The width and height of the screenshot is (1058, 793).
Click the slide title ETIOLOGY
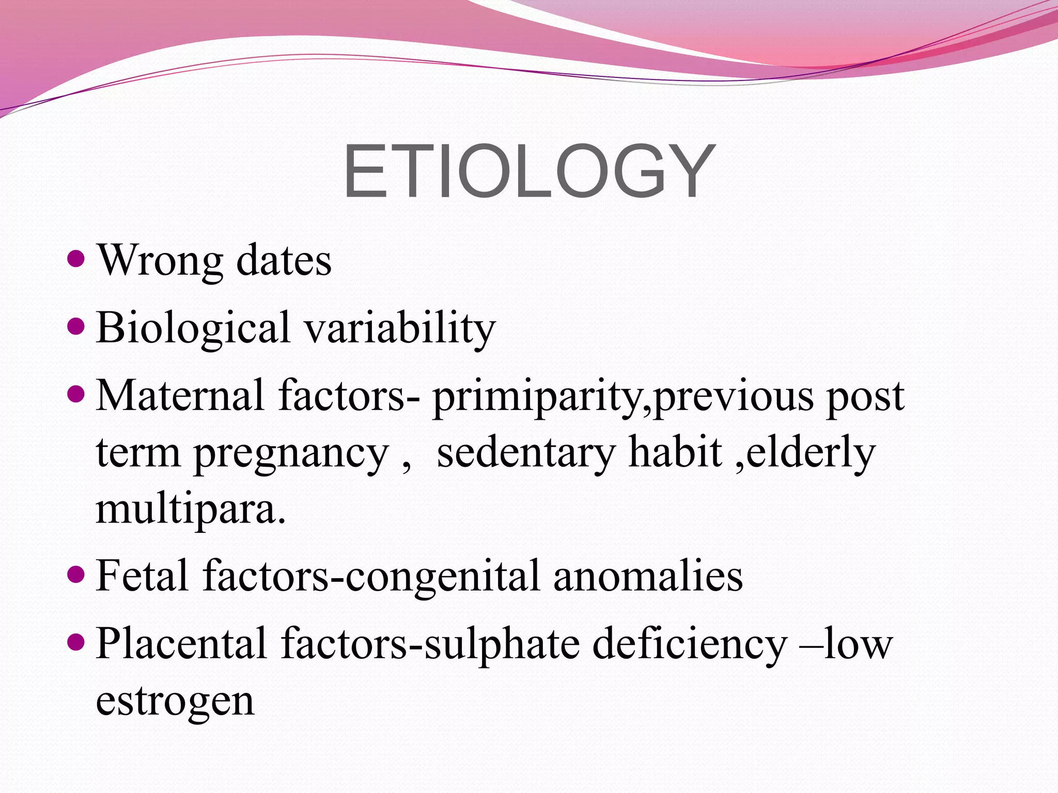[x=529, y=171]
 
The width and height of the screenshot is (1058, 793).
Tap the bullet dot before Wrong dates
[x=76, y=258]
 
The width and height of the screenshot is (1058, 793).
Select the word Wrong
[x=160, y=261]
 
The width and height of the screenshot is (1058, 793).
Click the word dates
[x=284, y=261]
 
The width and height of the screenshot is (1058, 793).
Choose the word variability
[x=400, y=329]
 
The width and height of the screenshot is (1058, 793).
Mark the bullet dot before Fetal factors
[x=76, y=574]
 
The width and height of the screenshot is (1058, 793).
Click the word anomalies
[x=648, y=576]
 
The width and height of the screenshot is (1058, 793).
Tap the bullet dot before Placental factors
[x=76, y=642]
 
